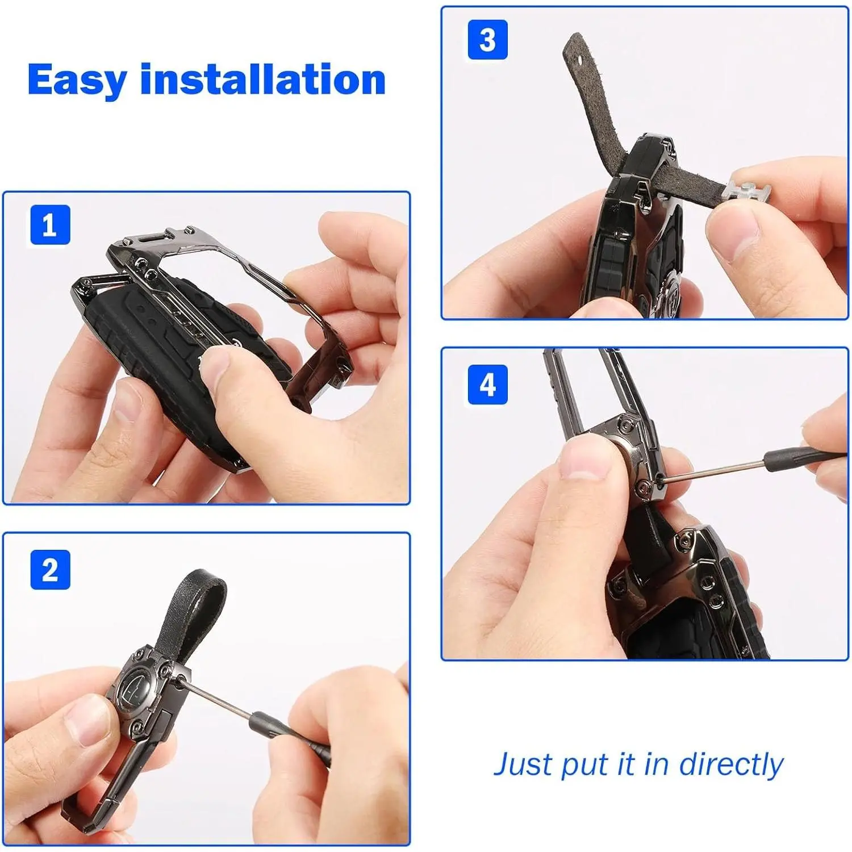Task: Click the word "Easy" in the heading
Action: (x=77, y=80)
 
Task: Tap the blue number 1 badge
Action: (x=50, y=225)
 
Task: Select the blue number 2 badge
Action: (x=50, y=570)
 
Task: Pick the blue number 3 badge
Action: (x=487, y=40)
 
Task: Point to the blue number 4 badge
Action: (x=487, y=385)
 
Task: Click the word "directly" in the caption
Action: (x=731, y=764)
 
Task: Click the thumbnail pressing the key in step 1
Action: (x=213, y=366)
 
